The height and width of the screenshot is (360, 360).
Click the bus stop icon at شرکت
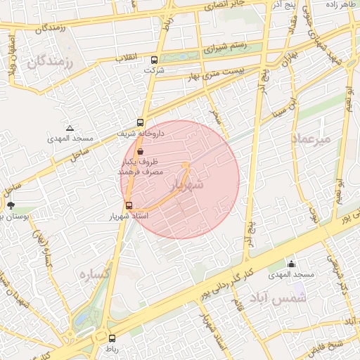[154, 60]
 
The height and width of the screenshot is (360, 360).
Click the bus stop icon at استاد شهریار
[129, 205]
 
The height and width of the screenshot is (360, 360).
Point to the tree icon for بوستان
[11, 205]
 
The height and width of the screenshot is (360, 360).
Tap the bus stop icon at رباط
[111, 338]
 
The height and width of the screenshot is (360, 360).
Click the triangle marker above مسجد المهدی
[70, 128]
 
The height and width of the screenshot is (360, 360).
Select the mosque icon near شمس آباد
[292, 264]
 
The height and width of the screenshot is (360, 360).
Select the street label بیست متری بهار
[215, 70]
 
